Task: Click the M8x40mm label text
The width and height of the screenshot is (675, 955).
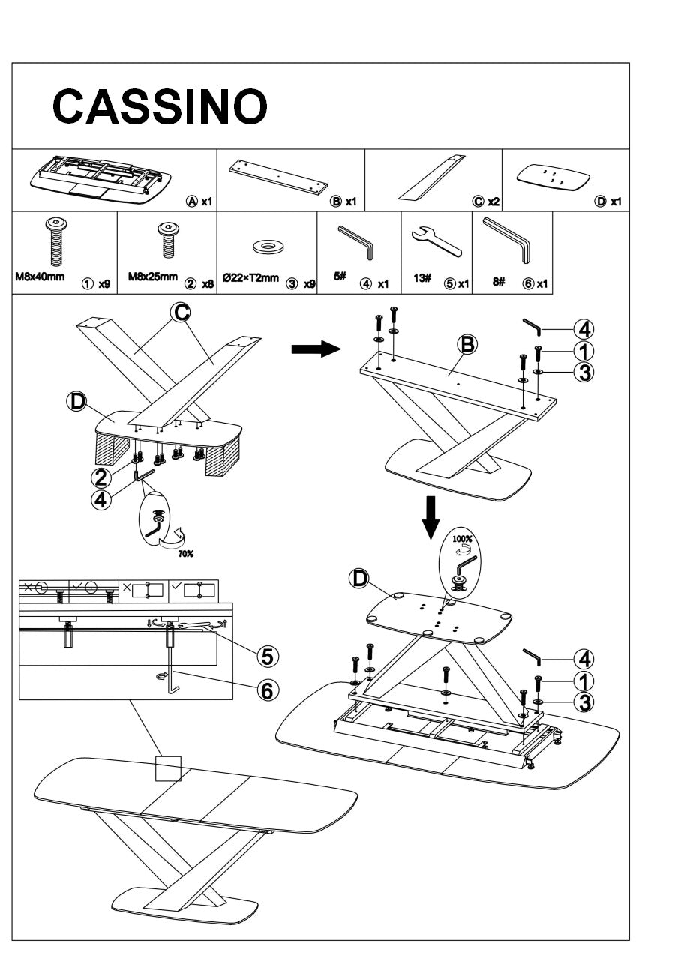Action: (x=40, y=276)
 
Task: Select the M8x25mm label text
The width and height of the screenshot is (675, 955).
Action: (x=152, y=276)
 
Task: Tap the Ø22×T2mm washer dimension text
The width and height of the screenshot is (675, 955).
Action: (x=249, y=278)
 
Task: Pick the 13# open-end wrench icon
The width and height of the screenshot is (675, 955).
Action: (x=436, y=240)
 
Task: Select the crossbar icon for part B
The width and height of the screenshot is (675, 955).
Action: (x=278, y=175)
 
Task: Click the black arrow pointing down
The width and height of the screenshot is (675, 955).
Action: (x=430, y=516)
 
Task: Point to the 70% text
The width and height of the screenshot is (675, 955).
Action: (x=185, y=554)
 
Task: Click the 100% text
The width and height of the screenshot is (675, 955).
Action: (x=462, y=539)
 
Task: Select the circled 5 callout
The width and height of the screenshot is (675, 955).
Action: (x=265, y=656)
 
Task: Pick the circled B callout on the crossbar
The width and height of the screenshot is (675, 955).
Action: (x=466, y=344)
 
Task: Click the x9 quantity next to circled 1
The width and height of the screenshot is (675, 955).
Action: (x=104, y=285)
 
